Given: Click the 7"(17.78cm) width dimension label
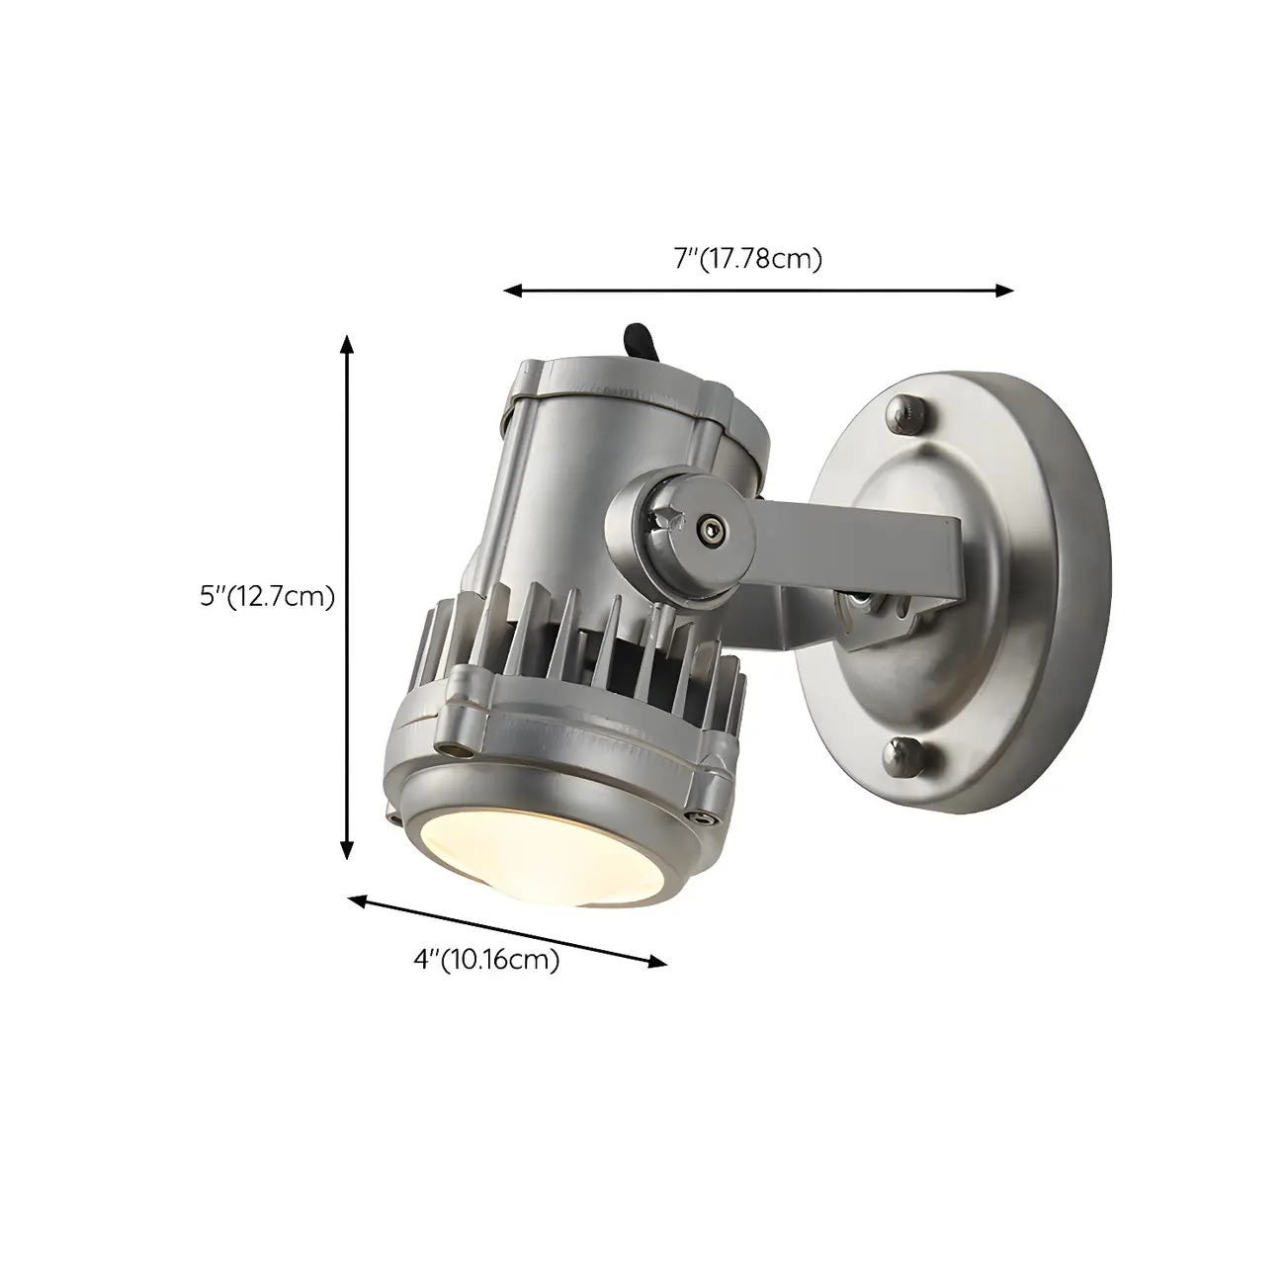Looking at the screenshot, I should point(748,259).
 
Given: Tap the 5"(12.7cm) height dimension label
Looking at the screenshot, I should point(267,596).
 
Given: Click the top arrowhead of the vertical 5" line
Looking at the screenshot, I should point(346,344).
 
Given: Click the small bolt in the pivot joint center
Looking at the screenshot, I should point(708,531).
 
